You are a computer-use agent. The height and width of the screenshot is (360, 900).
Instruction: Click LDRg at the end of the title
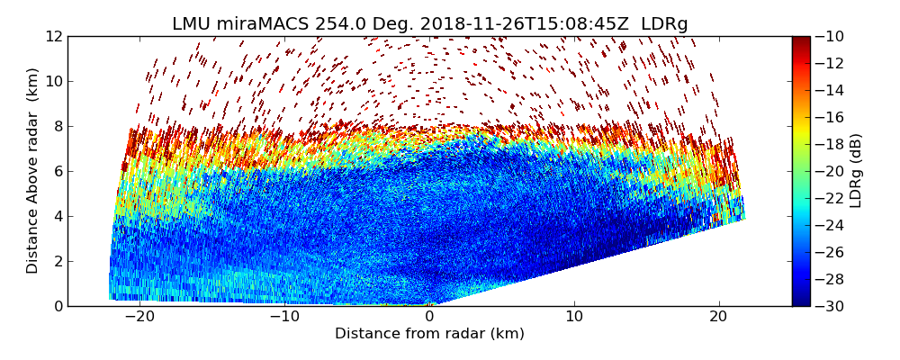click(664, 24)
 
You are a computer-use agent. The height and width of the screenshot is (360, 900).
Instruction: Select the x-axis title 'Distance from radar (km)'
click(429, 334)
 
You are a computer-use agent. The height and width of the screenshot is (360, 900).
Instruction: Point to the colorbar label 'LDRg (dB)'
click(856, 171)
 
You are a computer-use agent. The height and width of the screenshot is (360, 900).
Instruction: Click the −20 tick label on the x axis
click(139, 317)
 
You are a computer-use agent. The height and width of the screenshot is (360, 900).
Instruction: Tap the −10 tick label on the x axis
click(284, 317)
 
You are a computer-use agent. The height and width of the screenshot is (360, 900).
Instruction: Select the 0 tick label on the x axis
click(429, 317)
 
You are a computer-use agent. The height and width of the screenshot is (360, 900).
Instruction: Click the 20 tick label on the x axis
click(718, 317)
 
